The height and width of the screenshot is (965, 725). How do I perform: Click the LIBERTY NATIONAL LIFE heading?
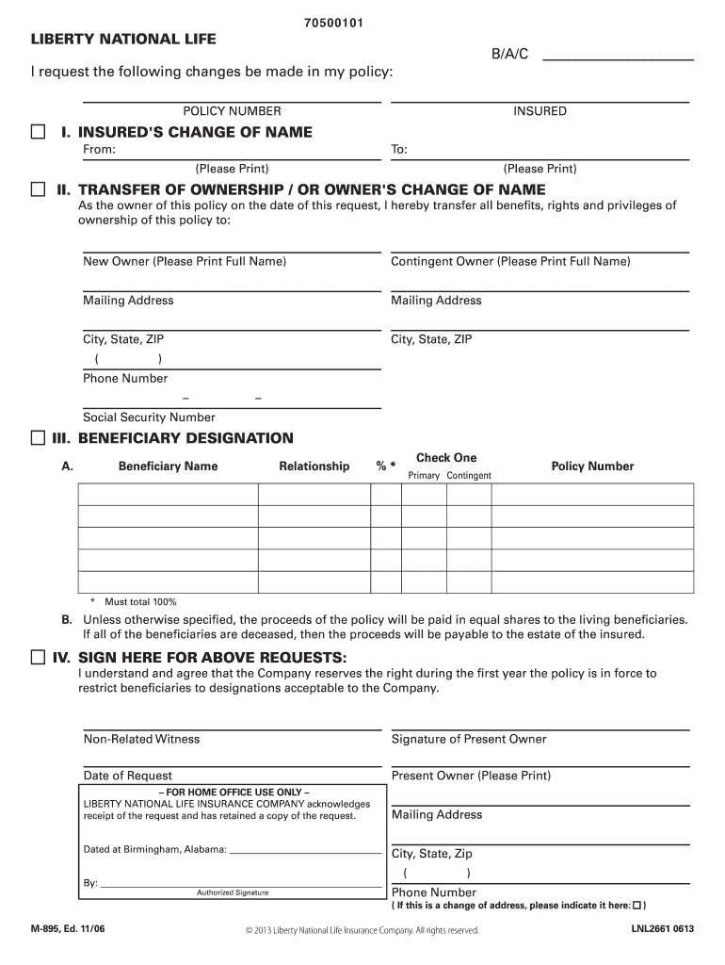[x=123, y=39]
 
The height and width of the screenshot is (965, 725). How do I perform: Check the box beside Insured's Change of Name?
[x=38, y=132]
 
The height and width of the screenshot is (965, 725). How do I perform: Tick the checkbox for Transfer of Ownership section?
[x=38, y=190]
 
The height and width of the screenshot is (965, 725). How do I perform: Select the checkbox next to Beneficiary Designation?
[x=38, y=438]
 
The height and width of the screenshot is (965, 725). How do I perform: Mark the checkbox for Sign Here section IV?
[x=38, y=656]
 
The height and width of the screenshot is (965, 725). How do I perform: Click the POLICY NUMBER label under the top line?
[x=232, y=111]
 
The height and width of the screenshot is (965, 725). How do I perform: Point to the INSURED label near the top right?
[x=540, y=111]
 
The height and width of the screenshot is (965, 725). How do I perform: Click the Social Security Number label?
[x=149, y=417]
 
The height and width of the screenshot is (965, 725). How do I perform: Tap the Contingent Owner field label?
[x=510, y=261]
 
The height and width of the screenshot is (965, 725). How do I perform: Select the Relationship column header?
[x=314, y=466]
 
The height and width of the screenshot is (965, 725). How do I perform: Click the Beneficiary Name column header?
[x=168, y=466]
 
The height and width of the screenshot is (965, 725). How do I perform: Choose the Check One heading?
[x=446, y=458]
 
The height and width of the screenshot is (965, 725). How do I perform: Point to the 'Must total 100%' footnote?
[x=140, y=601]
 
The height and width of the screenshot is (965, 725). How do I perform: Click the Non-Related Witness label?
[x=141, y=739]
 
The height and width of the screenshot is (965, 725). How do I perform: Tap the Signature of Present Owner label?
[x=469, y=739]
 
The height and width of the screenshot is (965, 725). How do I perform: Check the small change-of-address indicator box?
[x=637, y=906]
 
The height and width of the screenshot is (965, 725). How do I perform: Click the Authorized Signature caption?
[x=233, y=892]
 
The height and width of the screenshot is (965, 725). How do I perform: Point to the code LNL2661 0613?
[x=663, y=929]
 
